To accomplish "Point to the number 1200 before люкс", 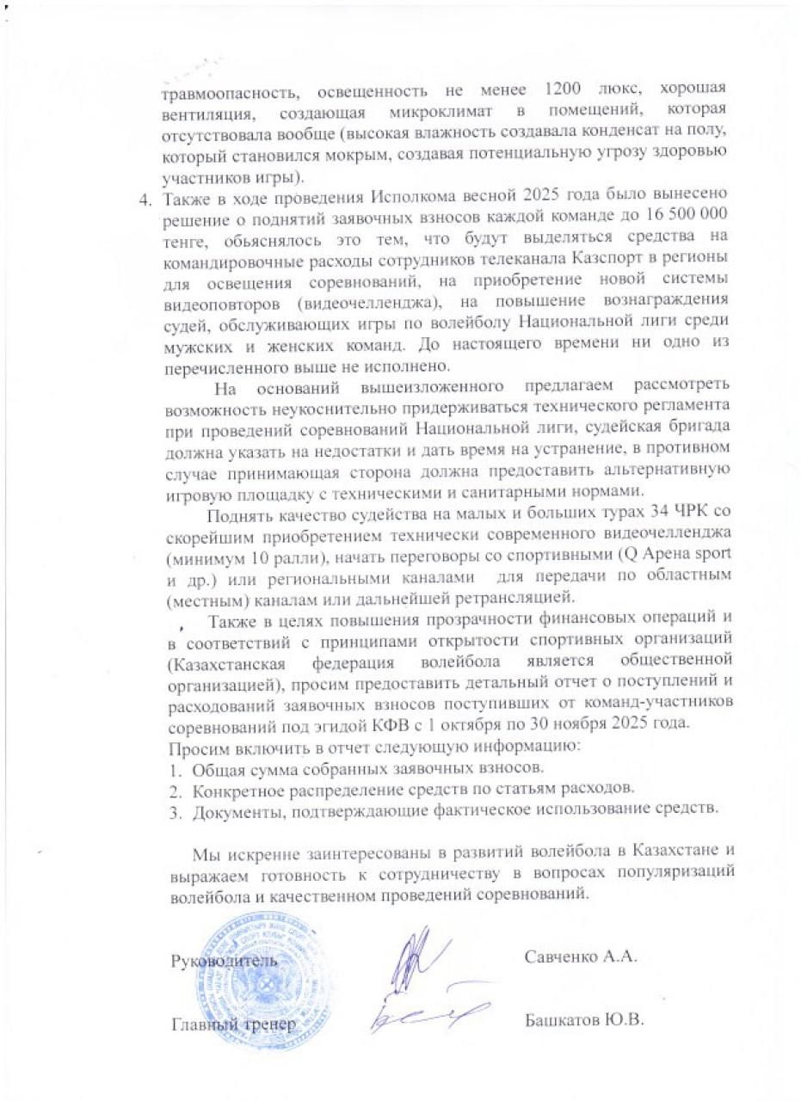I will click(569, 89).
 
